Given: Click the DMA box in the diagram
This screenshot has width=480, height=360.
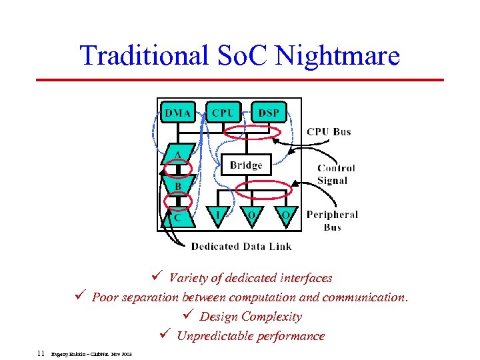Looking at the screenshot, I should pyautogui.click(x=178, y=113).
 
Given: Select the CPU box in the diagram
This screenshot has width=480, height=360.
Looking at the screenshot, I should pyautogui.click(x=223, y=113).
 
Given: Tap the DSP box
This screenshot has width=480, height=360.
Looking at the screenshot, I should pyautogui.click(x=269, y=113).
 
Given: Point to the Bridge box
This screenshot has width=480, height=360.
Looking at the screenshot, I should pyautogui.click(x=245, y=165).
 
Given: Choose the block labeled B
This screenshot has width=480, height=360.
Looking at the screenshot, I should pyautogui.click(x=178, y=185).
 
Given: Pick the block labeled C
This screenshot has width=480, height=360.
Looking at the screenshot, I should pyautogui.click(x=177, y=216).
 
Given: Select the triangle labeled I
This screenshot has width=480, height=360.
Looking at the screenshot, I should pyautogui.click(x=217, y=213).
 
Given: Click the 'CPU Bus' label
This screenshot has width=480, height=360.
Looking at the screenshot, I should pyautogui.click(x=329, y=132).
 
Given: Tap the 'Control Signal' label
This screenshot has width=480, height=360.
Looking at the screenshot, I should pyautogui.click(x=336, y=174).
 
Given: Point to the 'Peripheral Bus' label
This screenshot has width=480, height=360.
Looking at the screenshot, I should pyautogui.click(x=332, y=221).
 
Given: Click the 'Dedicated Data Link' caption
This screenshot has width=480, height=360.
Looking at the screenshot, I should pyautogui.click(x=241, y=247).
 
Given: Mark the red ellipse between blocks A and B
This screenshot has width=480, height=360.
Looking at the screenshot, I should pyautogui.click(x=178, y=169).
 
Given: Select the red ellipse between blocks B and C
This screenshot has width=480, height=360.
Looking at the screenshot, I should pyautogui.click(x=178, y=201).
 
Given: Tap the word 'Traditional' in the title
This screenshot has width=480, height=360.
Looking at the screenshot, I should pyautogui.click(x=144, y=55).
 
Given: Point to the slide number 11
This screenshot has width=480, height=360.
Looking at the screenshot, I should pyautogui.click(x=41, y=353).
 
